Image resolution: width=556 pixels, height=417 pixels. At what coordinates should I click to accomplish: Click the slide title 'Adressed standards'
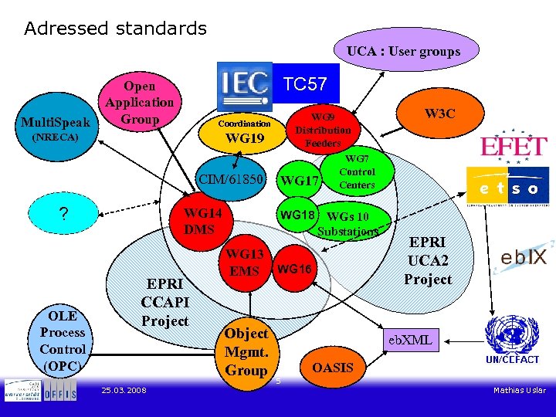pos(116,29)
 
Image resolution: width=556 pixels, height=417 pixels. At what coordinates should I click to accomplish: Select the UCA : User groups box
pos(403,52)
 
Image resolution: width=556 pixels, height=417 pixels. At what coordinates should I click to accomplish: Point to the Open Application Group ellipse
pos(140,103)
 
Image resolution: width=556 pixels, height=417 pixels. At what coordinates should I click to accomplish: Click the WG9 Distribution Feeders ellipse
pos(323,129)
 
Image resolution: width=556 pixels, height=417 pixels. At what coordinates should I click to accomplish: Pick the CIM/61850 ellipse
pos(232,180)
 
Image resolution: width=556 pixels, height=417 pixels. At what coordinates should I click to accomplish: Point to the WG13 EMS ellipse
pos(245,262)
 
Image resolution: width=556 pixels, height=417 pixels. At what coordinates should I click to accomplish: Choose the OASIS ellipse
pos(333,368)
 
